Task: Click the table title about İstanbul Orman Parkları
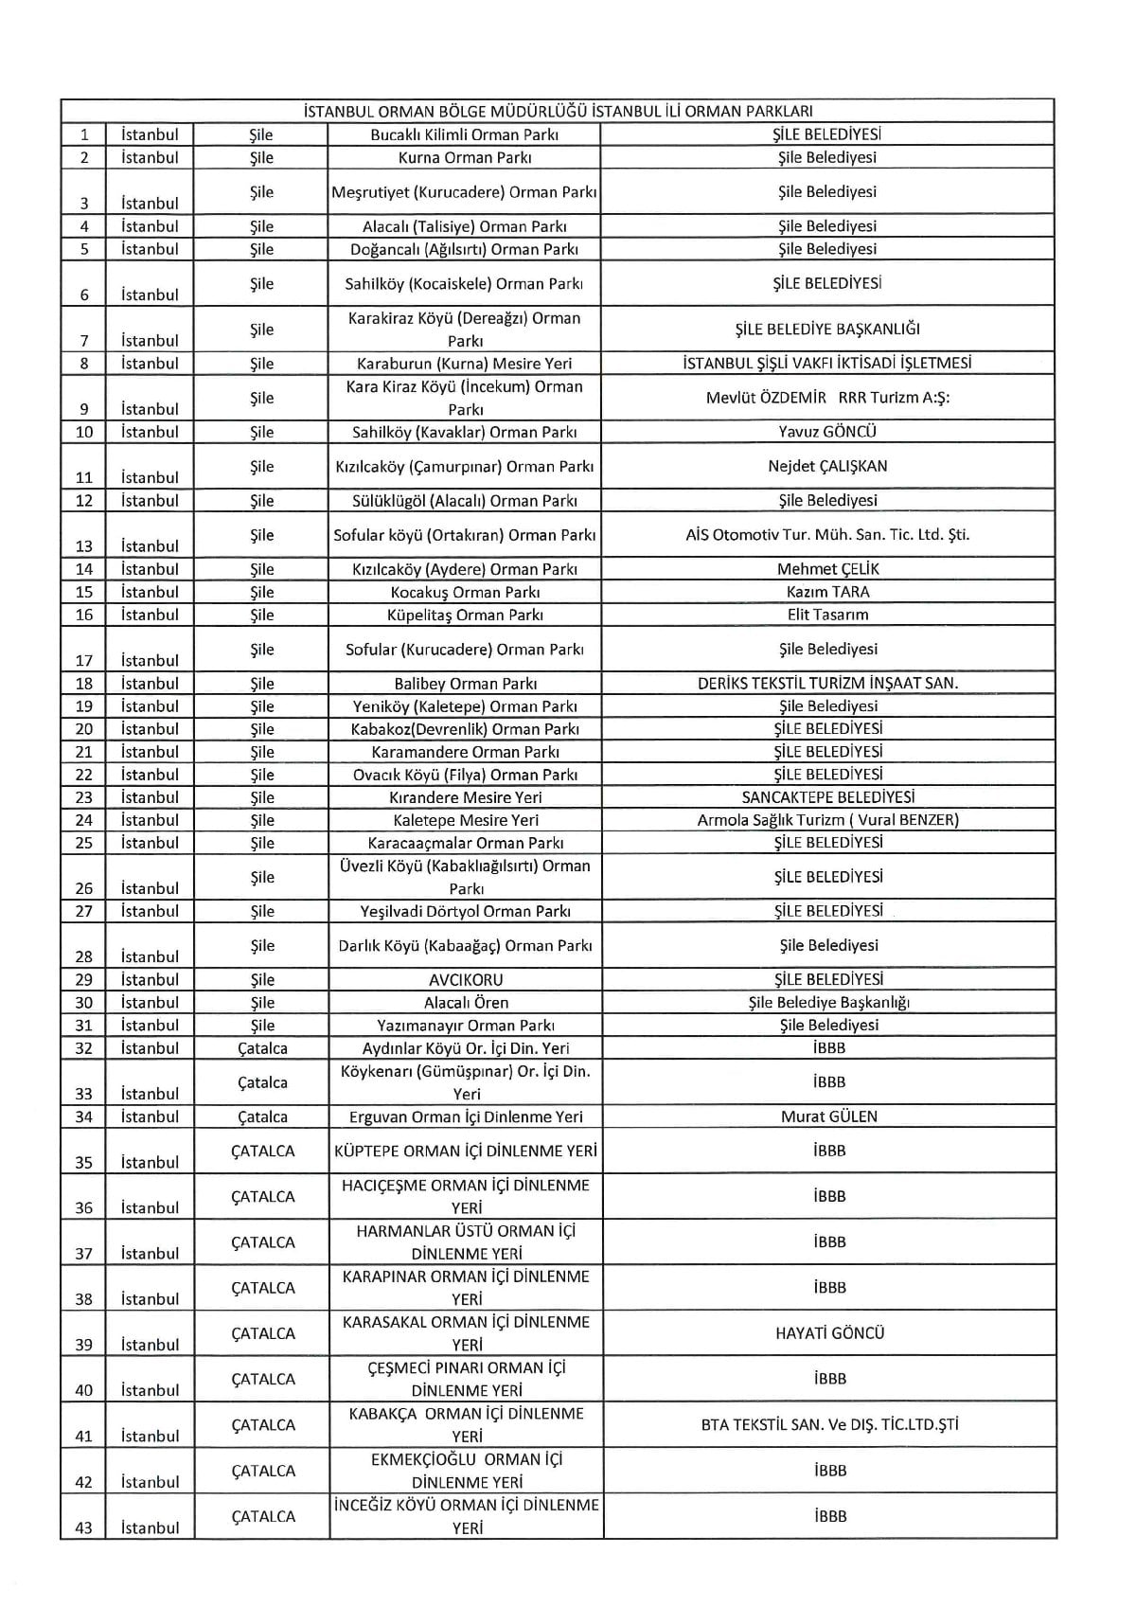point(558,111)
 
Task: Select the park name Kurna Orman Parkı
point(464,157)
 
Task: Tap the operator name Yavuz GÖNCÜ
point(827,432)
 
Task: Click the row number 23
point(84,797)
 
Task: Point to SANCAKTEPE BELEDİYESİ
point(827,797)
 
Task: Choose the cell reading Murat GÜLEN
point(828,1116)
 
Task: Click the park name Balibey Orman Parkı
point(464,683)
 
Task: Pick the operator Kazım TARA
point(827,592)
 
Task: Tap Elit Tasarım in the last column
point(827,615)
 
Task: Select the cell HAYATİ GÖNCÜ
point(829,1332)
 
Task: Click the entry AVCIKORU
point(465,979)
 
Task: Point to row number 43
point(84,1527)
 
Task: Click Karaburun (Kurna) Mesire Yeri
point(464,364)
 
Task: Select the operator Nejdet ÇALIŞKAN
point(827,466)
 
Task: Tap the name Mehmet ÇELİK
point(827,569)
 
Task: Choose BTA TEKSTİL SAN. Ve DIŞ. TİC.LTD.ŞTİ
point(829,1424)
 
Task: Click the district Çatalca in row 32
point(262,1048)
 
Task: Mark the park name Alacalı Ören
point(465,1002)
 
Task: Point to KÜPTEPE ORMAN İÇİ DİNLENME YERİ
point(465,1151)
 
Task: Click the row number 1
point(84,134)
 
